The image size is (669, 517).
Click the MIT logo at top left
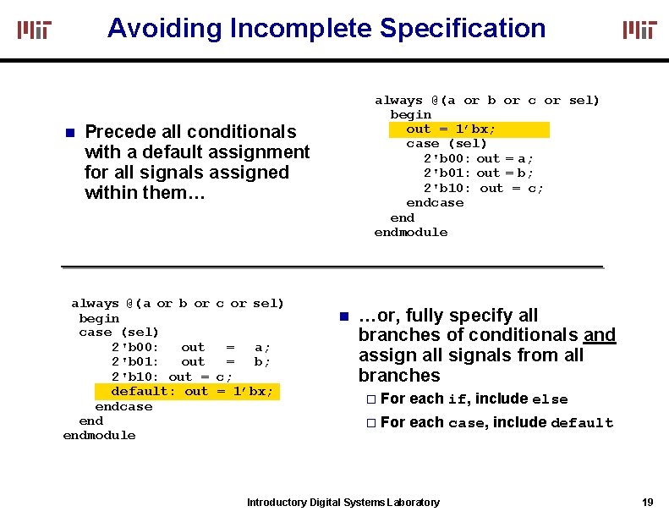35,30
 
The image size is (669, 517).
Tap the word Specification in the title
463,28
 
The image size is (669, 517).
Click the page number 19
647,502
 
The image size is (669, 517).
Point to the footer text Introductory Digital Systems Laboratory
343,503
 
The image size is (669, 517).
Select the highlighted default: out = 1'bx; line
192,391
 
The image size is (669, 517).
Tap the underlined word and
600,335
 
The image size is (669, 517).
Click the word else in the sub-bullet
550,399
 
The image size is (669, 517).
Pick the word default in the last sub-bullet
582,423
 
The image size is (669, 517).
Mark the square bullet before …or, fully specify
343,316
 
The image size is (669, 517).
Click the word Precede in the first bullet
118,132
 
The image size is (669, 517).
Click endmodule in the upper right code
411,232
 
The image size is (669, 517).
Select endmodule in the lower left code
99,435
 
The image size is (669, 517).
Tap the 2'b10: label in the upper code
447,188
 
